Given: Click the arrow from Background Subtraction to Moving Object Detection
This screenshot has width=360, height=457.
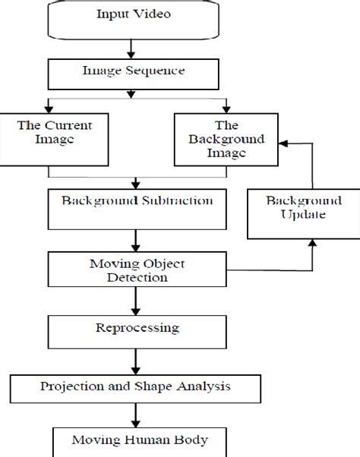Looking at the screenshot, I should [137, 241].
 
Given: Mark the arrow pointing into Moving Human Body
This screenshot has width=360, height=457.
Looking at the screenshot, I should [137, 415].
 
